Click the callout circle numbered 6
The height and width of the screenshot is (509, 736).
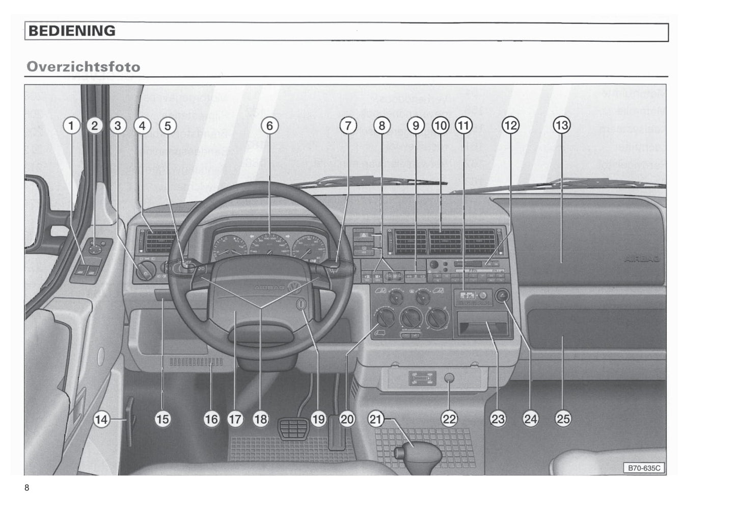tap(269, 125)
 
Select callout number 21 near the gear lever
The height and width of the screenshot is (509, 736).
tap(375, 419)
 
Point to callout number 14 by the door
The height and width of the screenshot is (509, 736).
tap(101, 419)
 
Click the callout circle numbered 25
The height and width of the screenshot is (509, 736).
tap(562, 419)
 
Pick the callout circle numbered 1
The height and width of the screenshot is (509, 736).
tap(71, 125)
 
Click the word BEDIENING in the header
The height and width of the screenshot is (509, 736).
tap(72, 31)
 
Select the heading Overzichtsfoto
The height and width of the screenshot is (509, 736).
tap(84, 67)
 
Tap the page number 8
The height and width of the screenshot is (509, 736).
tap(27, 488)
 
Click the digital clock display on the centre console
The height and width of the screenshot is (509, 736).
tap(466, 296)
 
